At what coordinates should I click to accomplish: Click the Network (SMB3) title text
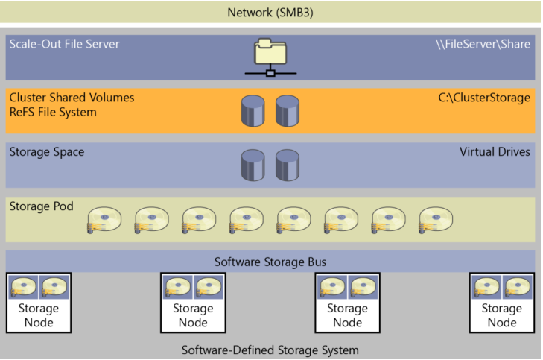click(270, 13)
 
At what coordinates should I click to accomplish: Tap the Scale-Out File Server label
click(64, 44)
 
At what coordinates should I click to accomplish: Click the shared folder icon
click(270, 57)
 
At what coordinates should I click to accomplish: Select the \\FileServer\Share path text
click(483, 44)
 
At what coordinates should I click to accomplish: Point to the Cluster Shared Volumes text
click(72, 98)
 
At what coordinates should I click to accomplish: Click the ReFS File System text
click(53, 113)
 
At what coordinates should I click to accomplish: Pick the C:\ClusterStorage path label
click(484, 98)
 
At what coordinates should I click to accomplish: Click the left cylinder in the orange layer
click(253, 111)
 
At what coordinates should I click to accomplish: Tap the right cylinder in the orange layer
click(288, 111)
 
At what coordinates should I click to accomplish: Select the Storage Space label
click(47, 152)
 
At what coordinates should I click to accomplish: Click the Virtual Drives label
click(495, 152)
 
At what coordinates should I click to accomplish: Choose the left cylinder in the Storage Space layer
click(253, 165)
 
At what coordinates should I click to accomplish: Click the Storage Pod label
click(41, 206)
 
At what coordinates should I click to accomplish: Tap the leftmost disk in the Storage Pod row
click(104, 220)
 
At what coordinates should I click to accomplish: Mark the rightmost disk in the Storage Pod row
click(436, 220)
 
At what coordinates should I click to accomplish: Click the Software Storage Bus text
click(270, 262)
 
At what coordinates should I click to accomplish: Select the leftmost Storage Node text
click(39, 315)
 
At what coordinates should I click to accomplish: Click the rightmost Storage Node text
click(502, 315)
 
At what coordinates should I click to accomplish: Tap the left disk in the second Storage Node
click(178, 287)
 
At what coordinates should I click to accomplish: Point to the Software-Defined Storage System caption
click(270, 350)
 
